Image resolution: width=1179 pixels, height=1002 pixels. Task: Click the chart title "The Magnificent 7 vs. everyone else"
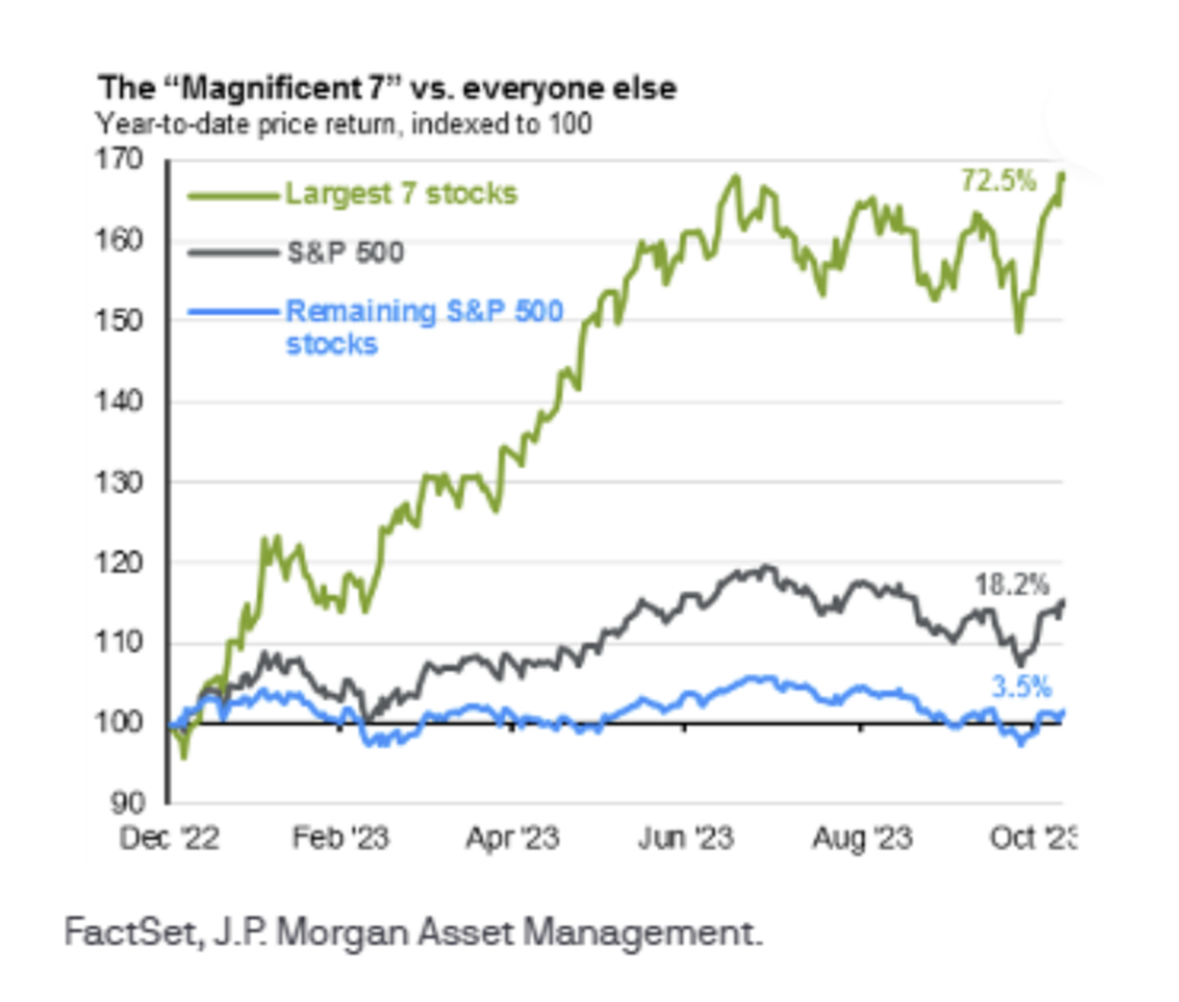click(387, 88)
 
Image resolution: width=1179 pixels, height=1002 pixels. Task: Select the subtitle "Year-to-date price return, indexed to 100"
click(344, 124)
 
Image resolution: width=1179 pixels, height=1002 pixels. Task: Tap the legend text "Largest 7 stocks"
click(401, 194)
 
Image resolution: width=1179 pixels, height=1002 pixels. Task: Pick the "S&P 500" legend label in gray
click(345, 253)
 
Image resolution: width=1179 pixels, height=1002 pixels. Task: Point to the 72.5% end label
click(999, 180)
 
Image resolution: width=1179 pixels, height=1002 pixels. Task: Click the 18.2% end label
click(1012, 584)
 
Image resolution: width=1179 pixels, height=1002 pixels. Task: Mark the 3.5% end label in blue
click(1021, 687)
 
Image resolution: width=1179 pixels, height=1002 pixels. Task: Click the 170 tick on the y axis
click(119, 160)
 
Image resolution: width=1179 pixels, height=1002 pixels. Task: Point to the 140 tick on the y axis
click(119, 401)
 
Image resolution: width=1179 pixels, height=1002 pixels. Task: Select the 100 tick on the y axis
click(119, 722)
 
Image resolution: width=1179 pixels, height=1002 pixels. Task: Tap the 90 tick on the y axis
click(127, 803)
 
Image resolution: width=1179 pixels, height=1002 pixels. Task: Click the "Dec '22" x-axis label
click(169, 838)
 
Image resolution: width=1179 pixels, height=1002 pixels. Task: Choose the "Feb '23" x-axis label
click(341, 838)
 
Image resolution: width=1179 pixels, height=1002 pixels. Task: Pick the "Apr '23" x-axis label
click(513, 838)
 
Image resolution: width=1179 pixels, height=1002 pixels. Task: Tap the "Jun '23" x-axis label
click(685, 838)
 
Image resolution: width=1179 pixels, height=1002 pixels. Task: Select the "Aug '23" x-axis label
click(862, 838)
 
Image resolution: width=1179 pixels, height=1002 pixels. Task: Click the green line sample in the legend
click(233, 196)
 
